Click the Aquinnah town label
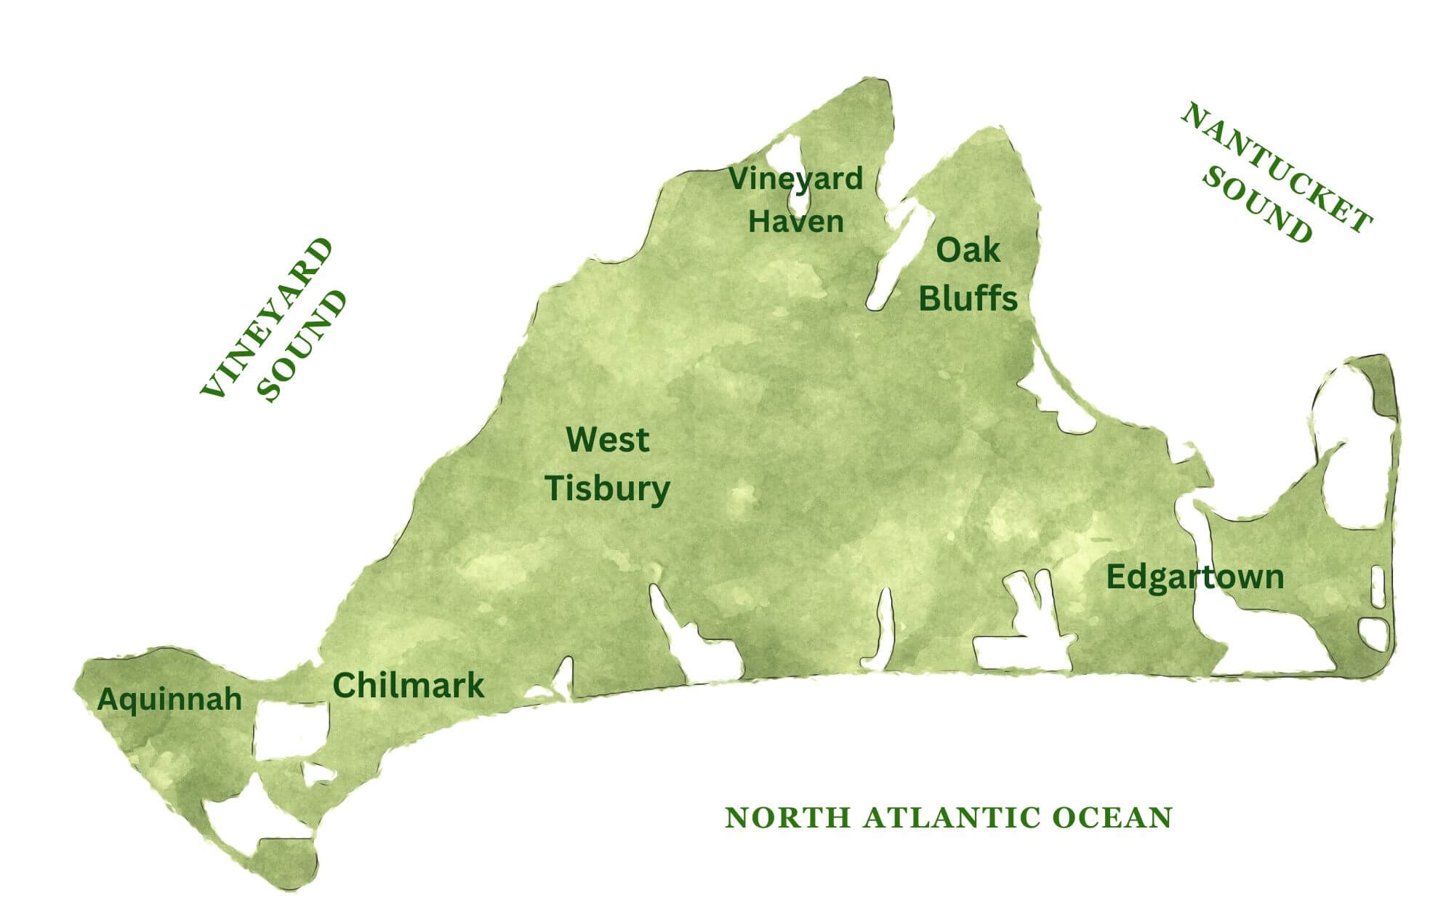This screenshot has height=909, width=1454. tap(169, 700)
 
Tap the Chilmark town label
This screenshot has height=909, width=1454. tap(408, 686)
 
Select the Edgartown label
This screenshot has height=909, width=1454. tap(1194, 577)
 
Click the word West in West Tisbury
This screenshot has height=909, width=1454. tap(607, 440)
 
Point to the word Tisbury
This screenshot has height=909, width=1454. tap(607, 489)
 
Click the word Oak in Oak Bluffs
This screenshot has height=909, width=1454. tap(968, 251)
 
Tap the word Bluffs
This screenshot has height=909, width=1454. tap(968, 299)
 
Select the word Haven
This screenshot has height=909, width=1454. tap(796, 222)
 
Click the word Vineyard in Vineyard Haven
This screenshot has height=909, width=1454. tap(796, 179)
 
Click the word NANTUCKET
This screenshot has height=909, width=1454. tap(1277, 169)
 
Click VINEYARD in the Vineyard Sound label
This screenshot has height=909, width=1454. tap(267, 318)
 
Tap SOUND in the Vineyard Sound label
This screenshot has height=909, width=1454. tap(304, 346)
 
